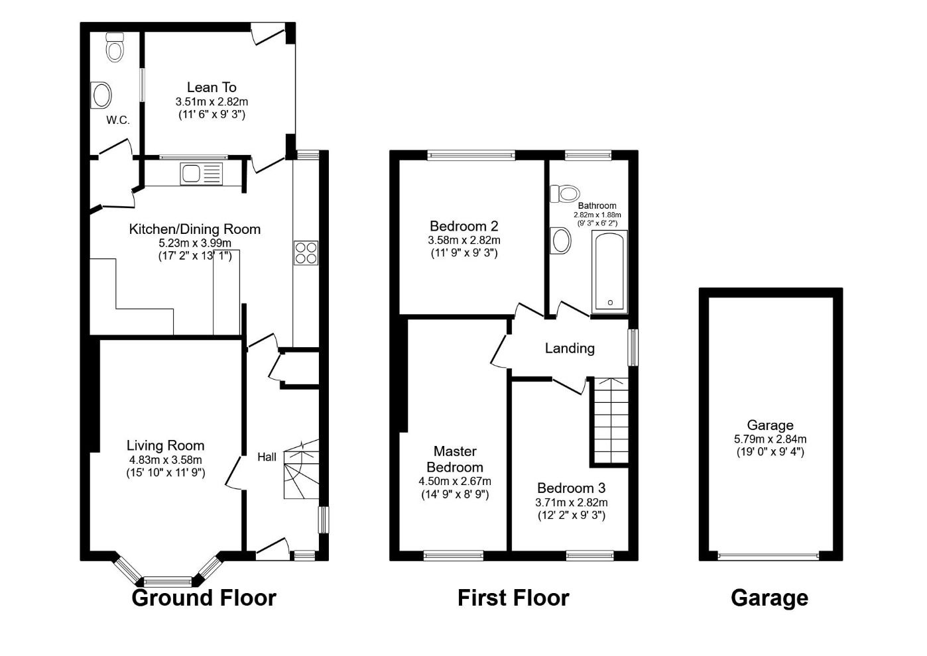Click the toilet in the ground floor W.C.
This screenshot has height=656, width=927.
coord(115,48)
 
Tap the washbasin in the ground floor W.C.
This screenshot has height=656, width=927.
coord(102,95)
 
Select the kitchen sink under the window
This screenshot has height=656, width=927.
coord(200,174)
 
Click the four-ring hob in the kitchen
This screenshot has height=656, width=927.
coord(306,253)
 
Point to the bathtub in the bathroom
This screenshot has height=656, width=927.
coord(609,271)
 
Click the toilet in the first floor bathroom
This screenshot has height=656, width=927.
coord(564,193)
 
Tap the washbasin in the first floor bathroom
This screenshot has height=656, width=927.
coord(561,241)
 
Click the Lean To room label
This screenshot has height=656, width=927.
coord(212,87)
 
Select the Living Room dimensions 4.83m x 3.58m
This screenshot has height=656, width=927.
coord(166,460)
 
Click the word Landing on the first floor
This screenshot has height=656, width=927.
coord(570,348)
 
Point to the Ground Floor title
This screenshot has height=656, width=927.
coord(204,598)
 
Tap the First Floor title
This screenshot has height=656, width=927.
coord(513,598)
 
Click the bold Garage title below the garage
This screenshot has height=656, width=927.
coord(769,598)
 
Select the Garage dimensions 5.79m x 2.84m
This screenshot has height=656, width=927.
coord(770,439)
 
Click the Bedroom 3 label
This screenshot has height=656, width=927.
coord(571,488)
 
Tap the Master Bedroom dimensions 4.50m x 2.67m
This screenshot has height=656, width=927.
coord(455,481)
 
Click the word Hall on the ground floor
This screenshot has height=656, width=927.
coord(267,457)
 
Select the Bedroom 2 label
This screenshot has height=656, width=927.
coord(463,226)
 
